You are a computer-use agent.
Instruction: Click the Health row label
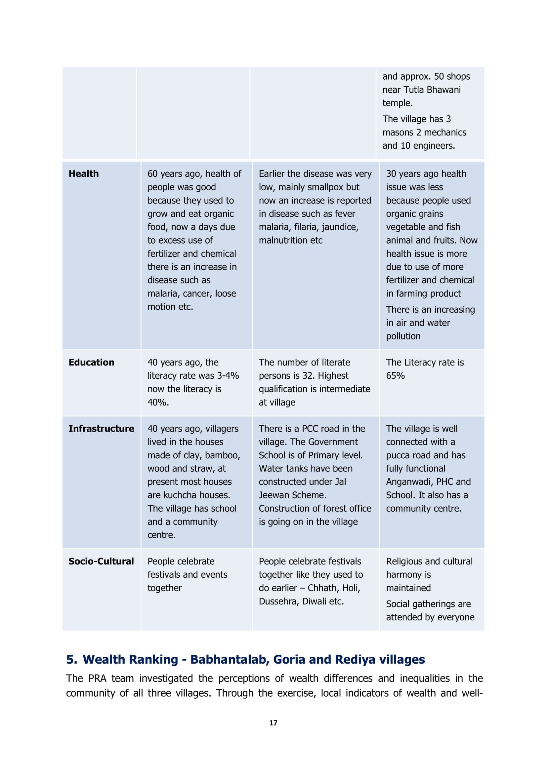point(84,174)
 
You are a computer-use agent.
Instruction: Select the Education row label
point(91,363)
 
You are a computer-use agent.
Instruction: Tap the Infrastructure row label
point(101,429)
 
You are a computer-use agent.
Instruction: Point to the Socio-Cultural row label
point(101,561)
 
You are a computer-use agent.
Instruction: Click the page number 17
point(273,723)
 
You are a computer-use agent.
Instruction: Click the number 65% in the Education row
point(395,376)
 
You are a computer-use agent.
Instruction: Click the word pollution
point(403,336)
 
